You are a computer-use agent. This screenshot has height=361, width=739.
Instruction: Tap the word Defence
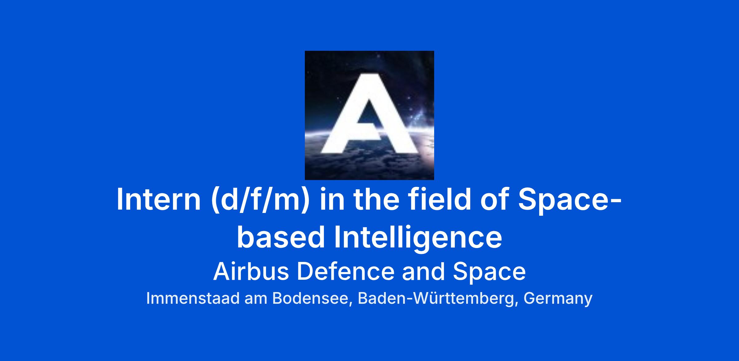tap(345, 272)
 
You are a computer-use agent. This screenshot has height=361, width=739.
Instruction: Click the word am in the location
tap(256, 299)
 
